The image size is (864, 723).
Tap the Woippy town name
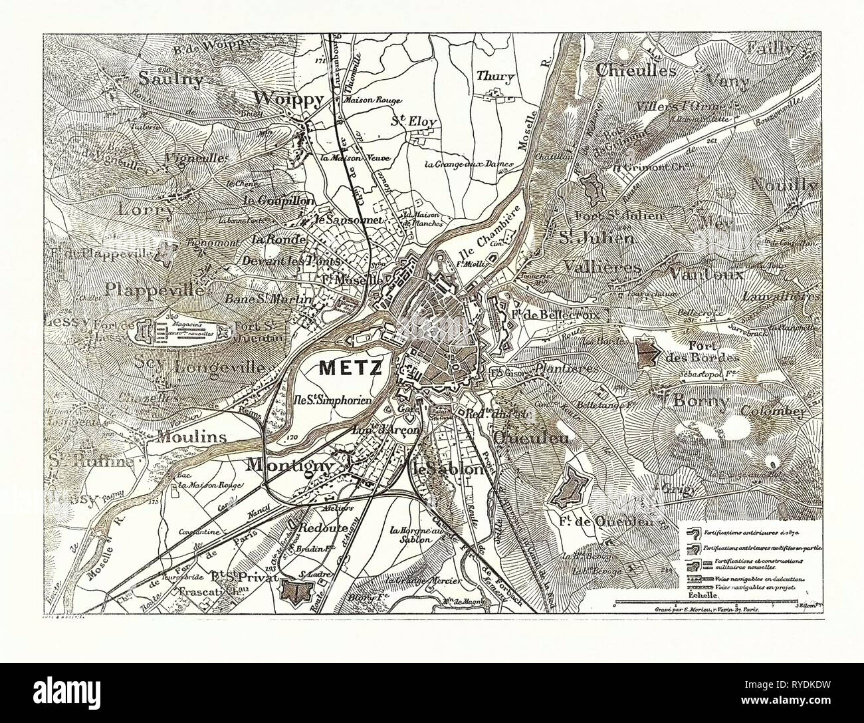point(289,99)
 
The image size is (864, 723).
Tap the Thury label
point(495,76)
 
